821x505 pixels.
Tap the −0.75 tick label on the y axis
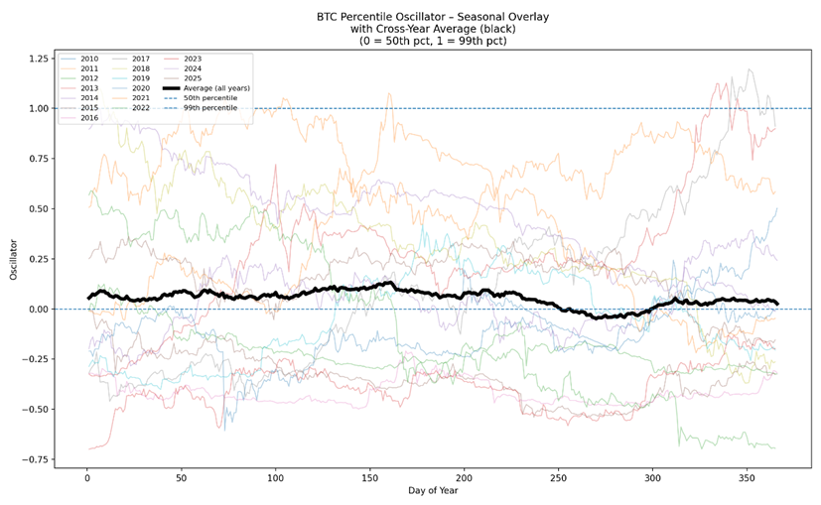tap(37, 459)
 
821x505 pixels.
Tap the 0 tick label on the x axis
tap(87, 478)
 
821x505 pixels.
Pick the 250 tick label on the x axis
tap(558, 478)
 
